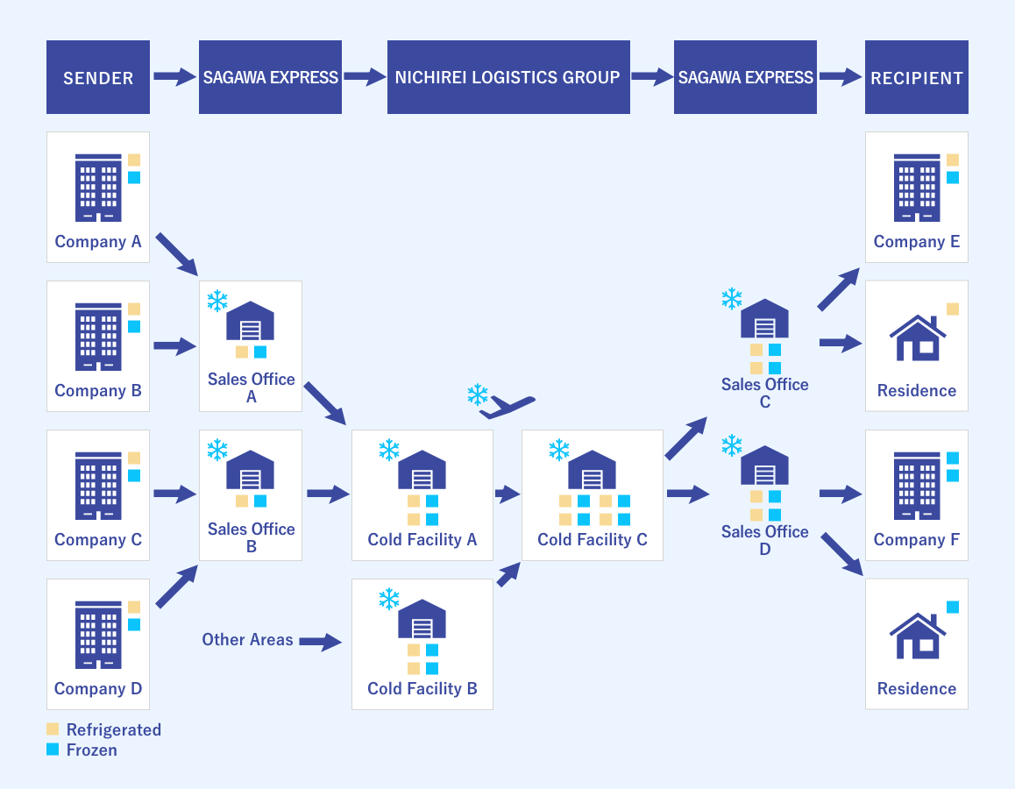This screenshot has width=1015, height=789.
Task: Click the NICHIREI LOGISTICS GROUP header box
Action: (x=508, y=77)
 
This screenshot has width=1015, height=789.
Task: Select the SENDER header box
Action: (x=98, y=77)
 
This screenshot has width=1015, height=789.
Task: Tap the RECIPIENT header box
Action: (x=916, y=77)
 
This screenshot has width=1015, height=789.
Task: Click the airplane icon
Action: (x=507, y=406)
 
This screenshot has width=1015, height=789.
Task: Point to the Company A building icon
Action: (x=98, y=188)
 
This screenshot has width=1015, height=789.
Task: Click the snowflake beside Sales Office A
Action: (x=216, y=302)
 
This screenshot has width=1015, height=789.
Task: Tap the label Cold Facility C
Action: (x=592, y=539)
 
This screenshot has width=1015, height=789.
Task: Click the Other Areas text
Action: (x=247, y=639)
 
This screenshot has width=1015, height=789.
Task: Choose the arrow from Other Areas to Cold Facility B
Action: (x=320, y=642)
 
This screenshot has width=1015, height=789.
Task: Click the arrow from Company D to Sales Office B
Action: (x=176, y=587)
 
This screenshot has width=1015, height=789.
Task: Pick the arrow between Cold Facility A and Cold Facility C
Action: (x=507, y=494)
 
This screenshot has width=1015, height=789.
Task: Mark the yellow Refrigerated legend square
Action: (x=53, y=729)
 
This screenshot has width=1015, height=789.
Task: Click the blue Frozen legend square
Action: (x=53, y=750)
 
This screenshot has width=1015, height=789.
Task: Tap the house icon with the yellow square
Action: (x=916, y=338)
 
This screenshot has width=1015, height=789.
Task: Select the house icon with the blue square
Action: (x=916, y=636)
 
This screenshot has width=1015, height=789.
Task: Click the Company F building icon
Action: (x=916, y=486)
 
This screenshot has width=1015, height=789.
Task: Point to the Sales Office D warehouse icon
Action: (x=764, y=466)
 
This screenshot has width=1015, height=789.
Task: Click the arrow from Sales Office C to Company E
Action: (x=839, y=290)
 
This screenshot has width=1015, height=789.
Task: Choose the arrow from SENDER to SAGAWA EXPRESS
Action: (x=174, y=77)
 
